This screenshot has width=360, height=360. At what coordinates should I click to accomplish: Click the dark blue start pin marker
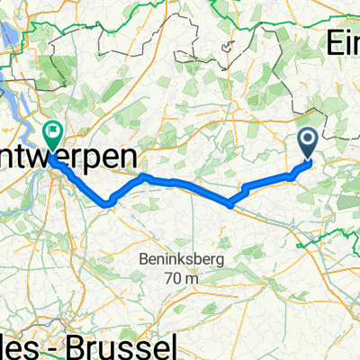tap(307, 140)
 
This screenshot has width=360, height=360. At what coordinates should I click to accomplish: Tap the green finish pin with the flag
tap(52, 135)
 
